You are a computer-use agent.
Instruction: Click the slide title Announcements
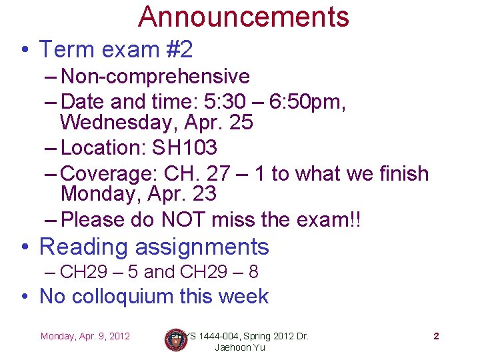coord(243,17)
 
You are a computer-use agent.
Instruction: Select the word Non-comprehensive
coord(155,77)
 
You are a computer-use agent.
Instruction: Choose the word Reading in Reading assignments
coord(84,247)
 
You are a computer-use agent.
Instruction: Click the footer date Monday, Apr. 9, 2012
coord(85,336)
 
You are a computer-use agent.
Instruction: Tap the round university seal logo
coord(175,340)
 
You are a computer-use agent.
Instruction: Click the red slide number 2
coord(436,336)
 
